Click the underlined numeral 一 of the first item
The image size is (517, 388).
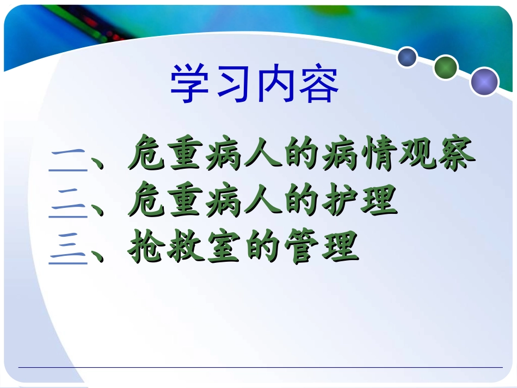[x=68, y=158]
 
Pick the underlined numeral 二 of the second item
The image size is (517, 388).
[x=68, y=205]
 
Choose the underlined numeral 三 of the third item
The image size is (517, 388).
[x=68, y=251]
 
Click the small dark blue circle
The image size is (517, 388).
[x=407, y=57]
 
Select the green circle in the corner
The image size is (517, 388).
[x=446, y=67]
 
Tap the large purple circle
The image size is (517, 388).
[x=484, y=82]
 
